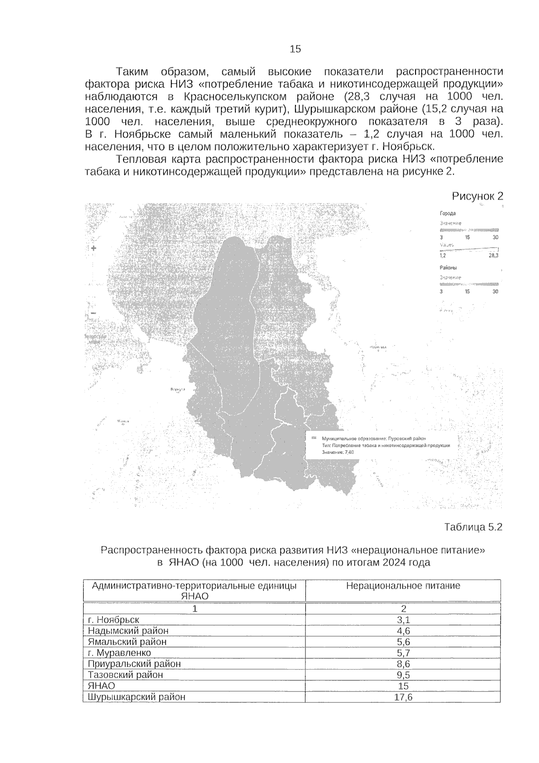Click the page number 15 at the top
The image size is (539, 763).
(295, 49)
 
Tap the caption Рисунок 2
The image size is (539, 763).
(477, 196)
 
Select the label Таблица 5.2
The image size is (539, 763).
(473, 527)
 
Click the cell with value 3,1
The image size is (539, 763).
(403, 620)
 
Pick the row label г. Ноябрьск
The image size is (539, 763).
(114, 620)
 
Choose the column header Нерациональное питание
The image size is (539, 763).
(403, 586)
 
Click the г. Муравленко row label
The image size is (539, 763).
(119, 653)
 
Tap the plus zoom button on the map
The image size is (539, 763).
(93, 248)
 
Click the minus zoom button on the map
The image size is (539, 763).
(93, 313)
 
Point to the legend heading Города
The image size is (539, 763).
(447, 213)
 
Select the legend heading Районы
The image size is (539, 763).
(448, 268)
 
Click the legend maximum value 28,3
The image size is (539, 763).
(493, 256)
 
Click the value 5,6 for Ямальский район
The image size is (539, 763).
(403, 642)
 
